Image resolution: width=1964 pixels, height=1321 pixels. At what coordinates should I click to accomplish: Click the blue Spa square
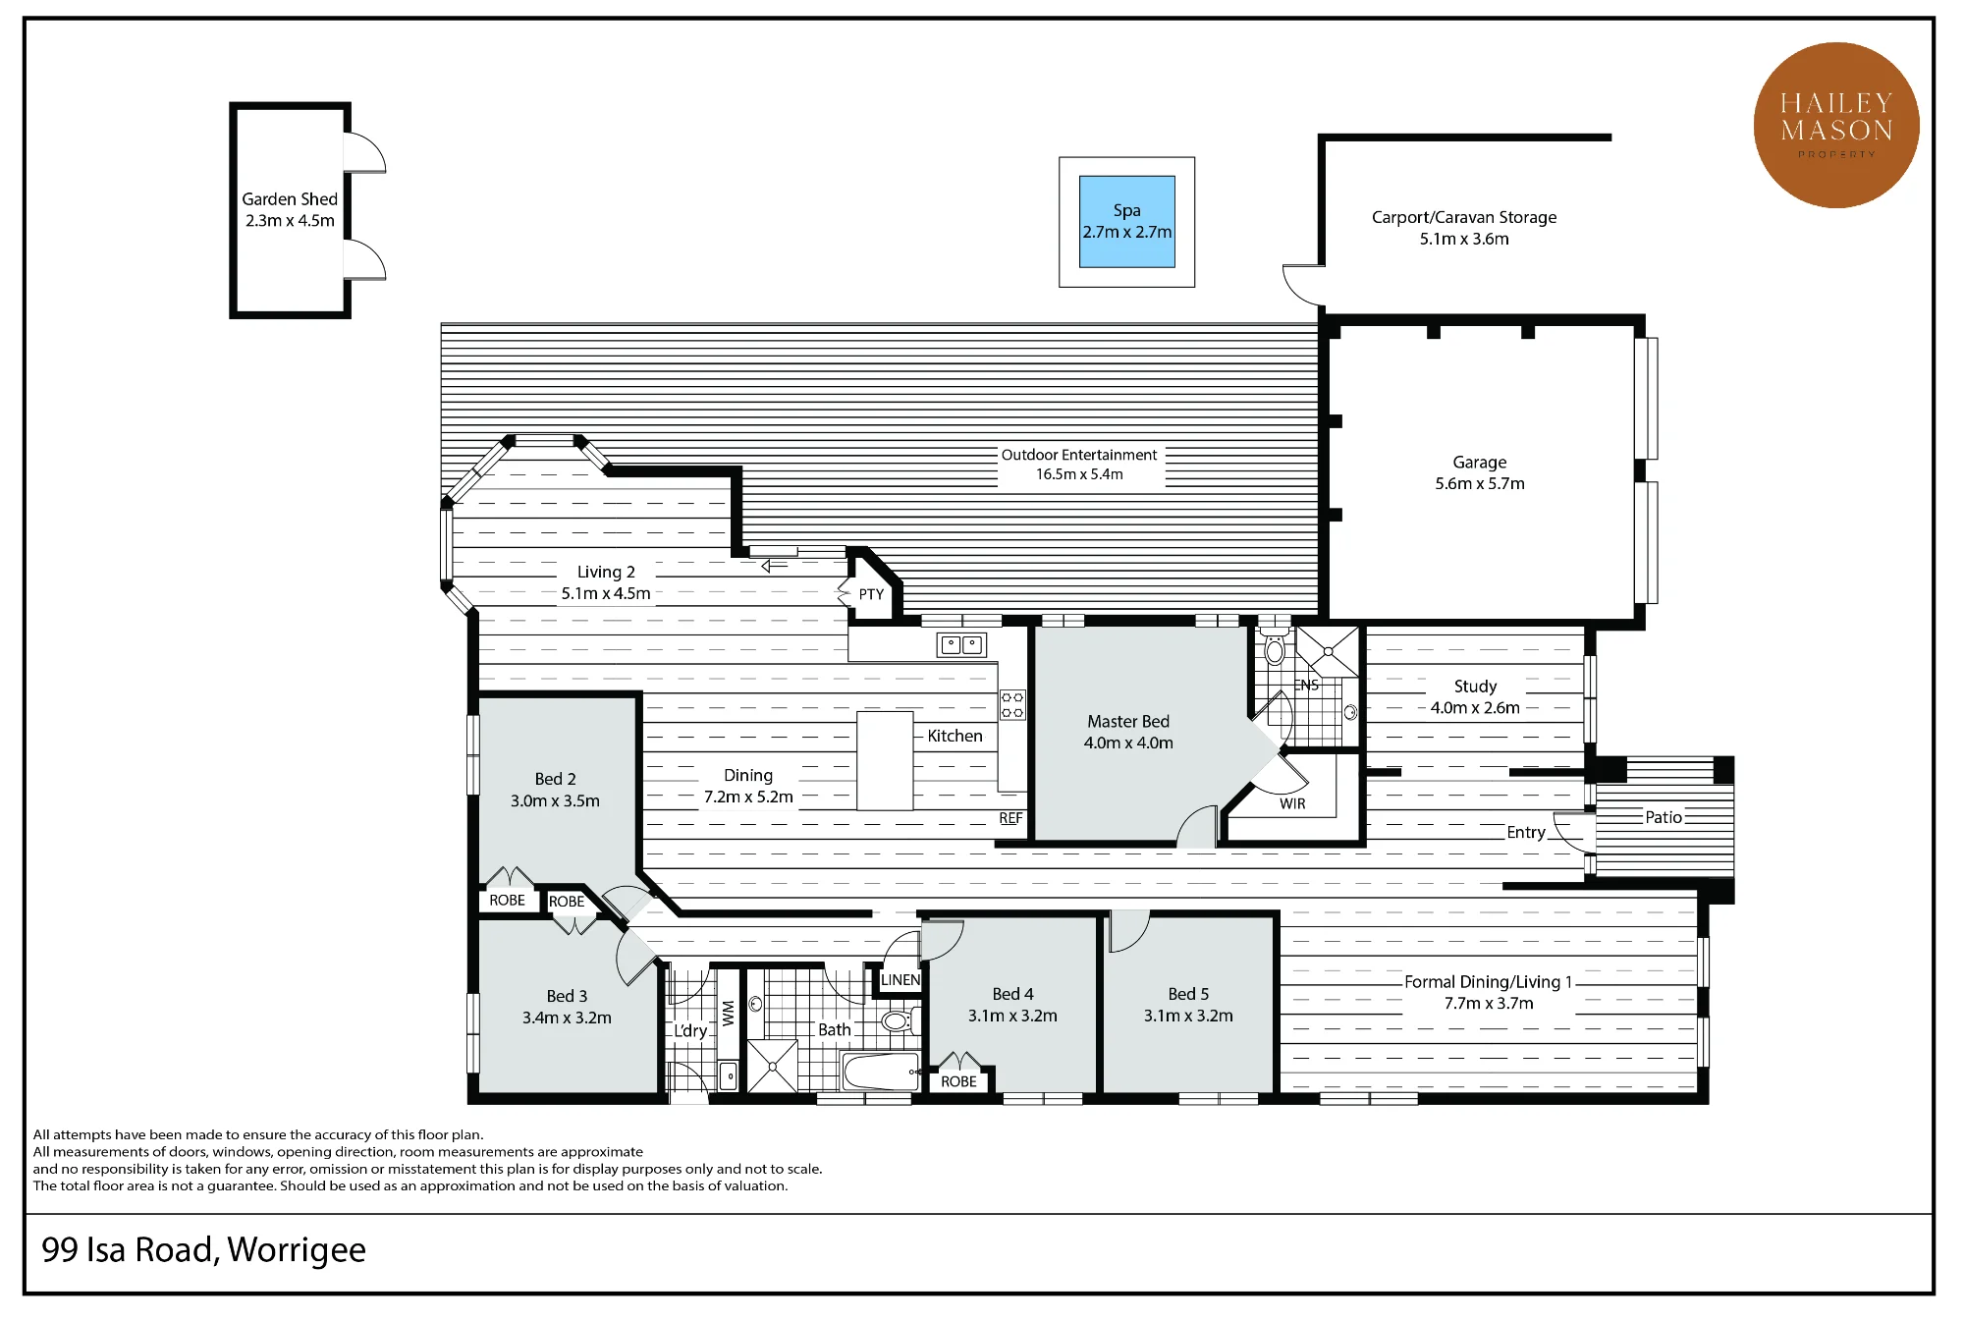coord(1127,222)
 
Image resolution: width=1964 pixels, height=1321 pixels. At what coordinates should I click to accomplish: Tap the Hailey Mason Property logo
coord(1836,125)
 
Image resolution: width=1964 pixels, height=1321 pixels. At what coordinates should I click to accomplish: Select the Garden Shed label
coord(290,209)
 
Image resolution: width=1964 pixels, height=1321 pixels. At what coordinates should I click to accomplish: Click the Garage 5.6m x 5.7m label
coord(1480,472)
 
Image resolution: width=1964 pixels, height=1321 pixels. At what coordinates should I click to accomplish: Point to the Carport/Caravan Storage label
coord(1464,227)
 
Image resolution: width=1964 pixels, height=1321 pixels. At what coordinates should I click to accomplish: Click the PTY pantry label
coord(871,594)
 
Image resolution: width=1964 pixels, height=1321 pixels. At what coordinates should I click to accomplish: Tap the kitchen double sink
coord(962,645)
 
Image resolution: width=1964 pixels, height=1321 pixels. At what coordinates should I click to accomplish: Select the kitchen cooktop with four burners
coord(1012,704)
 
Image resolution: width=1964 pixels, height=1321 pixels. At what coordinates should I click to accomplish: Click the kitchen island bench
coord(885,761)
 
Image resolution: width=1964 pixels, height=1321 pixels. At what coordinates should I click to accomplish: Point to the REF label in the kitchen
coord(1010,818)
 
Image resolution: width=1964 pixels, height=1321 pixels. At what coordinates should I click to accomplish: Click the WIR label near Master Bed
coord(1292,803)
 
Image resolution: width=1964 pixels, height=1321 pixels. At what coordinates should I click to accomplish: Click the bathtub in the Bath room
coord(882,1072)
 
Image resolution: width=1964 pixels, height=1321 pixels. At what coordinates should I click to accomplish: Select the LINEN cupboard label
coord(900,980)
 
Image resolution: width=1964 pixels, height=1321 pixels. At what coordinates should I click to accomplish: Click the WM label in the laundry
coord(728,1014)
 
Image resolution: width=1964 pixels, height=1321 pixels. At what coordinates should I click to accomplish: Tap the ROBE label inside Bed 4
coord(958,1081)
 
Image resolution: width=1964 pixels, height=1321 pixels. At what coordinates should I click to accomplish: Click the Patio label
coord(1664,817)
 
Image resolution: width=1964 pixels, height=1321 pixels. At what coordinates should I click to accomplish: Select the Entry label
coord(1526,833)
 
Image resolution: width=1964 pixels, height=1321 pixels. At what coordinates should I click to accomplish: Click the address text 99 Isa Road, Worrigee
coord(203,1250)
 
